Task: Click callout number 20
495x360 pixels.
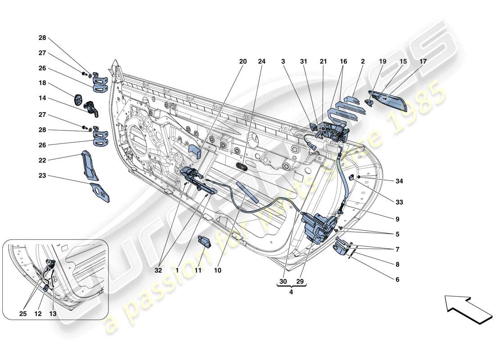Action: (x=243, y=62)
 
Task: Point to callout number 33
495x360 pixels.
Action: (x=397, y=202)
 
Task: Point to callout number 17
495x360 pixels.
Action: (x=423, y=62)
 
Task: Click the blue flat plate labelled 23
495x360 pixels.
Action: (x=99, y=192)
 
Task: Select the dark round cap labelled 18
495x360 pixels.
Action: (x=79, y=99)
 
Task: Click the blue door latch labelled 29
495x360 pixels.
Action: (x=319, y=227)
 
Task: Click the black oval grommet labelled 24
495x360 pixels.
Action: (x=242, y=167)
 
